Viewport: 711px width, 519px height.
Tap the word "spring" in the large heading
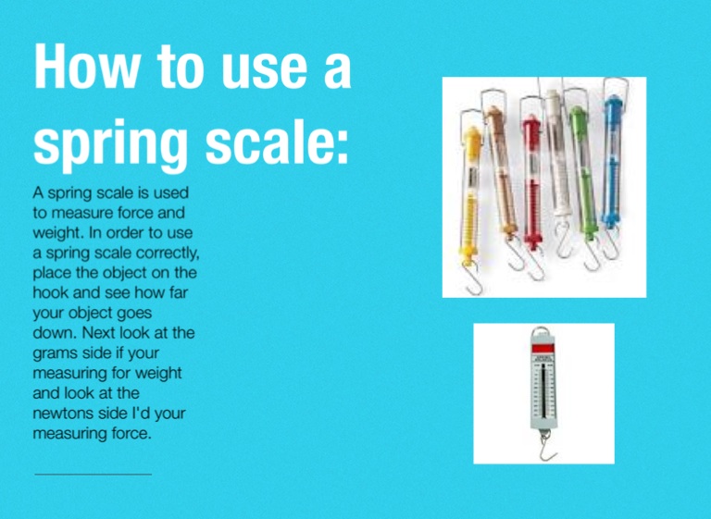111,143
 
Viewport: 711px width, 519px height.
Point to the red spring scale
532,181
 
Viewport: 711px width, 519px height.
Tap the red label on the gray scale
543,349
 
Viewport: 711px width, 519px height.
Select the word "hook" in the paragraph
50,293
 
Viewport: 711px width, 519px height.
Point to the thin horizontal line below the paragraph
93,475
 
